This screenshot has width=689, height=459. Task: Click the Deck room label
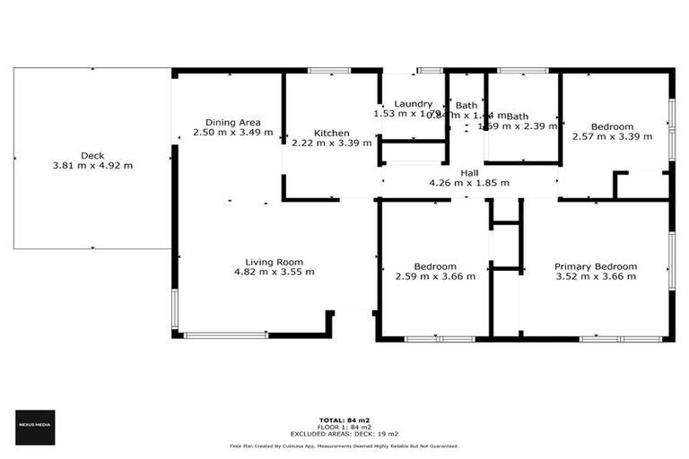click(x=92, y=155)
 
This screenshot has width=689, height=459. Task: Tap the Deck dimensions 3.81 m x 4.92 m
click(x=92, y=165)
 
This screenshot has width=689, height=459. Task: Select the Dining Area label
click(x=232, y=122)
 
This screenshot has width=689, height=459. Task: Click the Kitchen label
click(x=331, y=133)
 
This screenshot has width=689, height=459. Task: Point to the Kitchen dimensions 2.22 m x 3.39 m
click(x=331, y=143)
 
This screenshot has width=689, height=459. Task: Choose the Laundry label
click(x=413, y=104)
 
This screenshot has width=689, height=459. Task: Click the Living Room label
click(x=274, y=261)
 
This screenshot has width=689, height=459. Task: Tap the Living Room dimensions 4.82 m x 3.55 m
click(x=274, y=272)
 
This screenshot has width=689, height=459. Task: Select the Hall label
click(x=469, y=172)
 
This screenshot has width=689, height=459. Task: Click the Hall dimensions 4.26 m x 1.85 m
click(x=469, y=183)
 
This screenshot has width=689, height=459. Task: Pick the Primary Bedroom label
click(x=595, y=266)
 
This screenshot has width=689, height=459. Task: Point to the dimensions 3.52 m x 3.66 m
click(x=595, y=276)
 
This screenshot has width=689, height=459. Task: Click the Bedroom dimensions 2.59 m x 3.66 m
click(x=435, y=276)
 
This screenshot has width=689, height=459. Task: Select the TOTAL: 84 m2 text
click(x=344, y=420)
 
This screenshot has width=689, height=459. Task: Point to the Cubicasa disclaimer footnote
click(x=344, y=446)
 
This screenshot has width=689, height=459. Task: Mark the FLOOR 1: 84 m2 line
click(x=344, y=427)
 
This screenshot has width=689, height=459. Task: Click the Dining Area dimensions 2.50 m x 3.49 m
click(x=232, y=133)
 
